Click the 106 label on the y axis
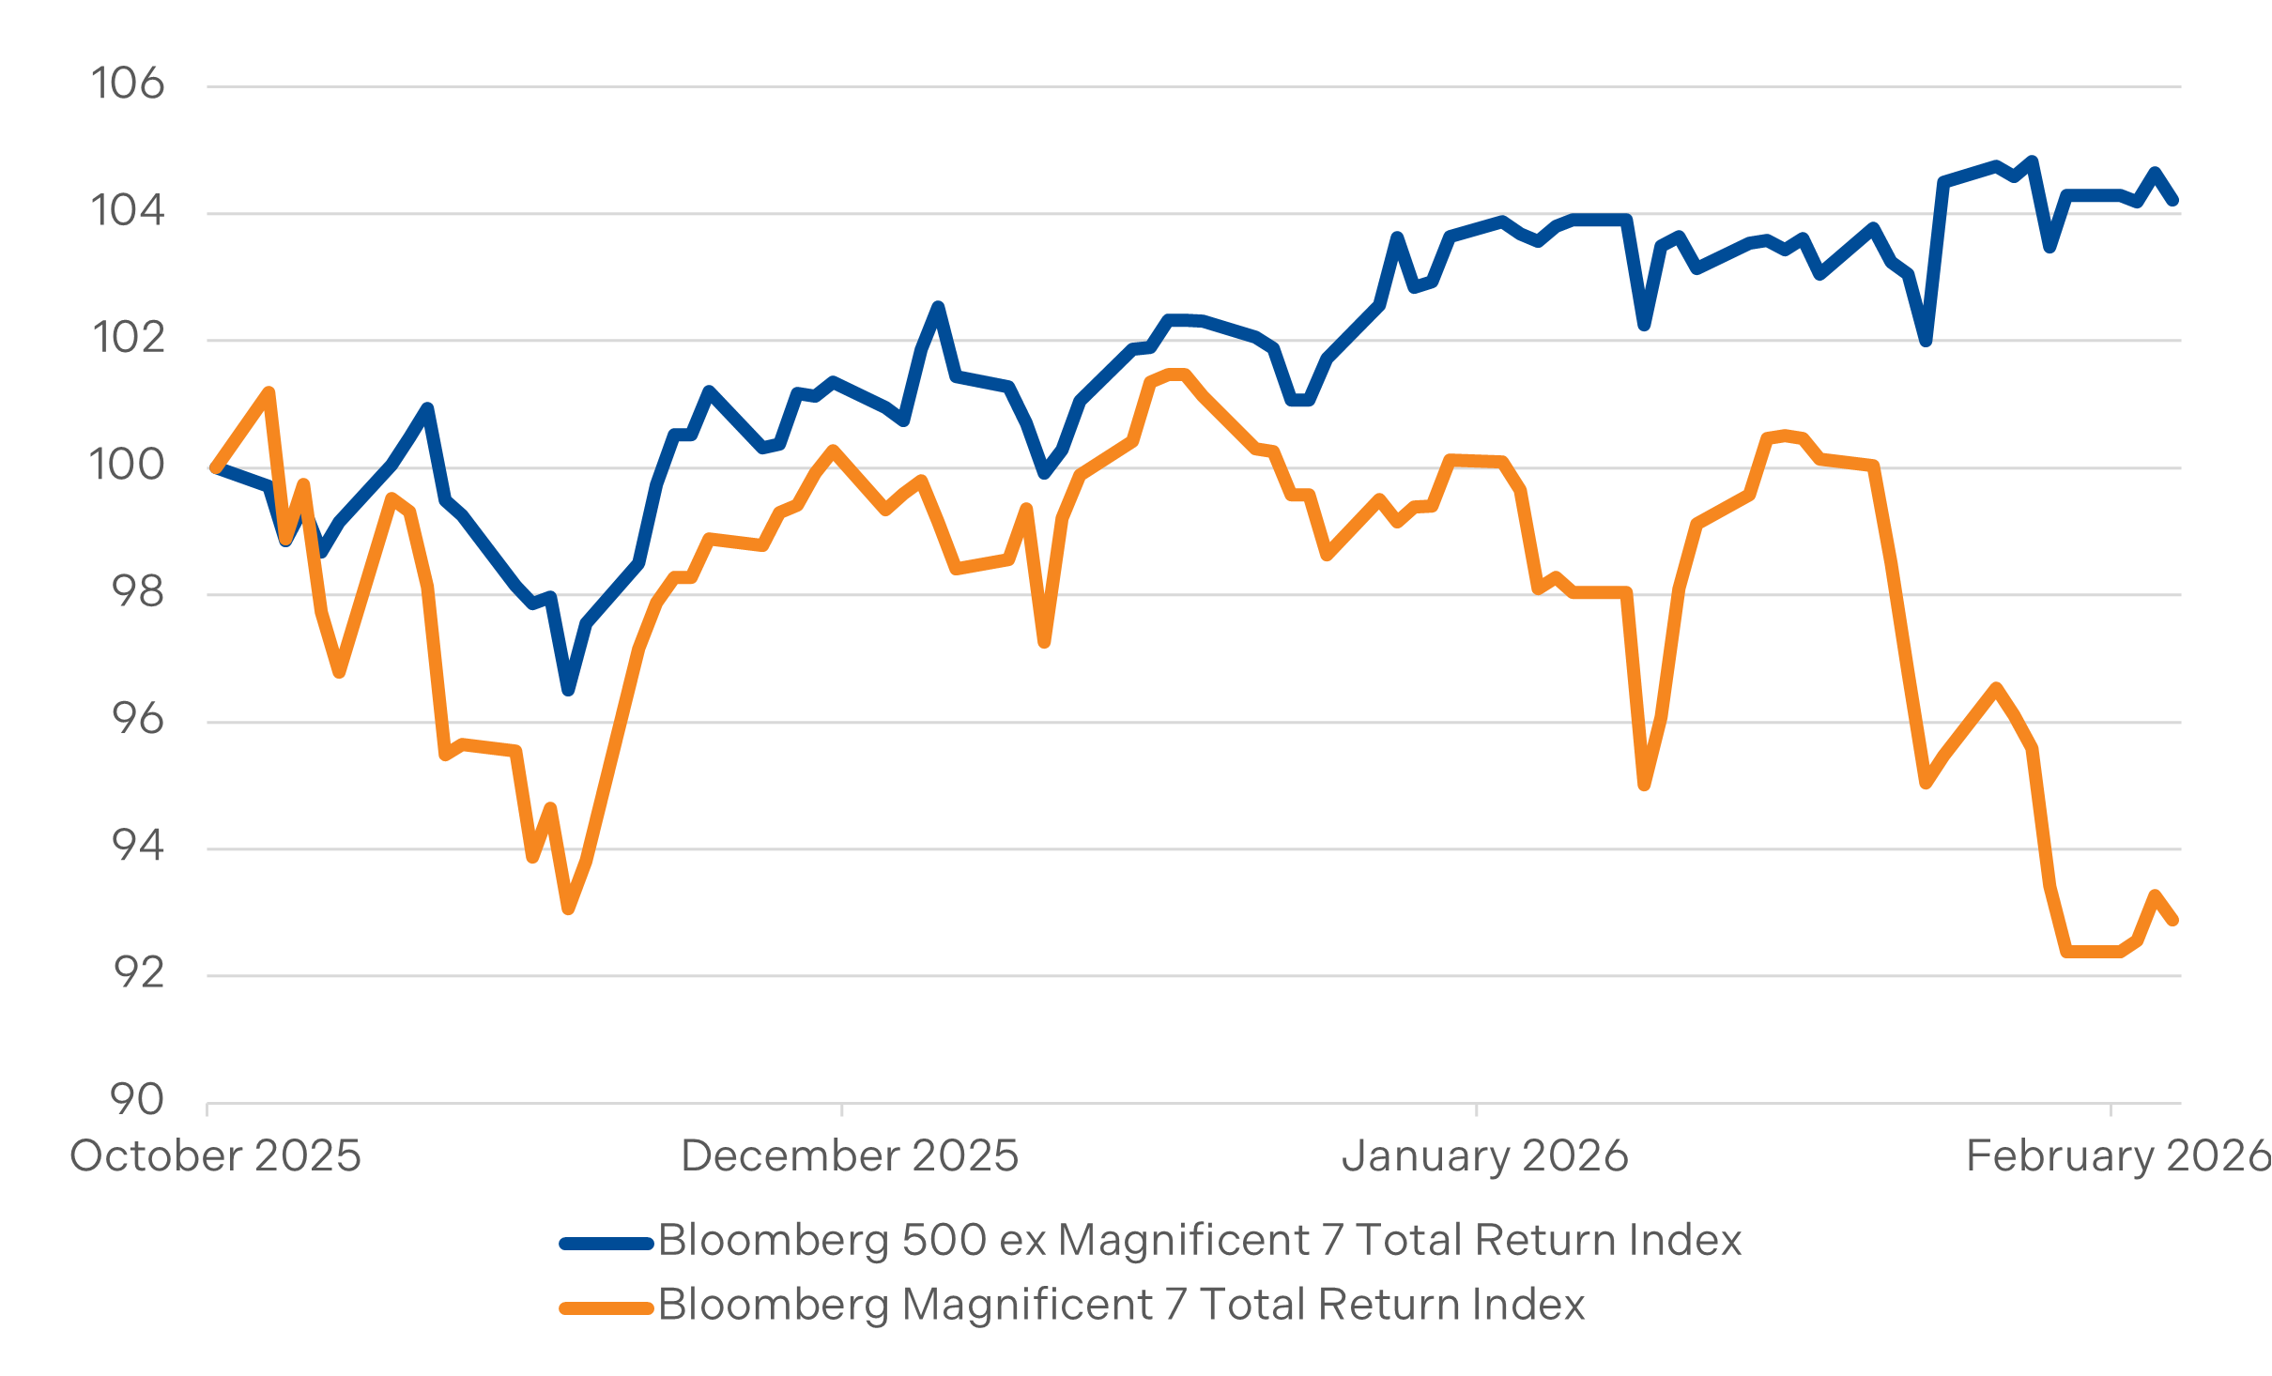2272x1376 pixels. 127,84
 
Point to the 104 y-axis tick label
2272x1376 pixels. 127,211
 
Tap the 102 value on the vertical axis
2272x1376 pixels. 128,338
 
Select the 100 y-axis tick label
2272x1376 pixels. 127,466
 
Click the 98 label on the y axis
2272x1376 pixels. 137,592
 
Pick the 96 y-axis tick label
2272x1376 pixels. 137,720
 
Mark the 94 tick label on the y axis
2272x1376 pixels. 137,847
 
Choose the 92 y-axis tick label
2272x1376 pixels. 138,974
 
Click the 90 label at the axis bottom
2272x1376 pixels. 137,1100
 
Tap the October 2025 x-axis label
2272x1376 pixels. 215,1156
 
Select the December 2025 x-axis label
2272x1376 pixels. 850,1156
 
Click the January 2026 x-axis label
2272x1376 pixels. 1485,1156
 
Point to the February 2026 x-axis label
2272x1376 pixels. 2118,1156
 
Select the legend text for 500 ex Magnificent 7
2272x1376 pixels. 1200,1241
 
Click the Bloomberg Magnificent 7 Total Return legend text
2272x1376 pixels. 1122,1306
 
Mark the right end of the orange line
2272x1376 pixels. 2173,921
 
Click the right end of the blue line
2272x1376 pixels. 2173,201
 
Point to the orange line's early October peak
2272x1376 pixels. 269,391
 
